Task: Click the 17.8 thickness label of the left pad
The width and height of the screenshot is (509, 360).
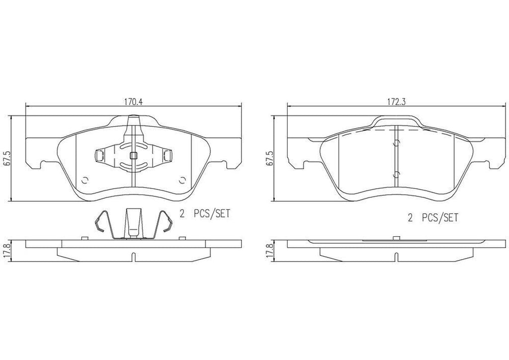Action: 5,249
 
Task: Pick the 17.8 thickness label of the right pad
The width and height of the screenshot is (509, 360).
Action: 269,249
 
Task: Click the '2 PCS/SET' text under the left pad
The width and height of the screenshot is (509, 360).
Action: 205,214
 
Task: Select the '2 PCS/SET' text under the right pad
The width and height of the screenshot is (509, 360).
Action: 432,217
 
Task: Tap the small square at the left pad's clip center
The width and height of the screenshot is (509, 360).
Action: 133,156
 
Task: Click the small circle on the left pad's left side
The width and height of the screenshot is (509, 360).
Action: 84,180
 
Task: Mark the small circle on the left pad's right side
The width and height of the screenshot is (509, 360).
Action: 182,180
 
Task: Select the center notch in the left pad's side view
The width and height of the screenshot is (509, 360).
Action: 133,257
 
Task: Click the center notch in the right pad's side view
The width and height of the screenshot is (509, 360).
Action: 396,257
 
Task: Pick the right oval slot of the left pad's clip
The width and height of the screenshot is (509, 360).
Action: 168,156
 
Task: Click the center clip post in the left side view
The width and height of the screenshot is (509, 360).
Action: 133,222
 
